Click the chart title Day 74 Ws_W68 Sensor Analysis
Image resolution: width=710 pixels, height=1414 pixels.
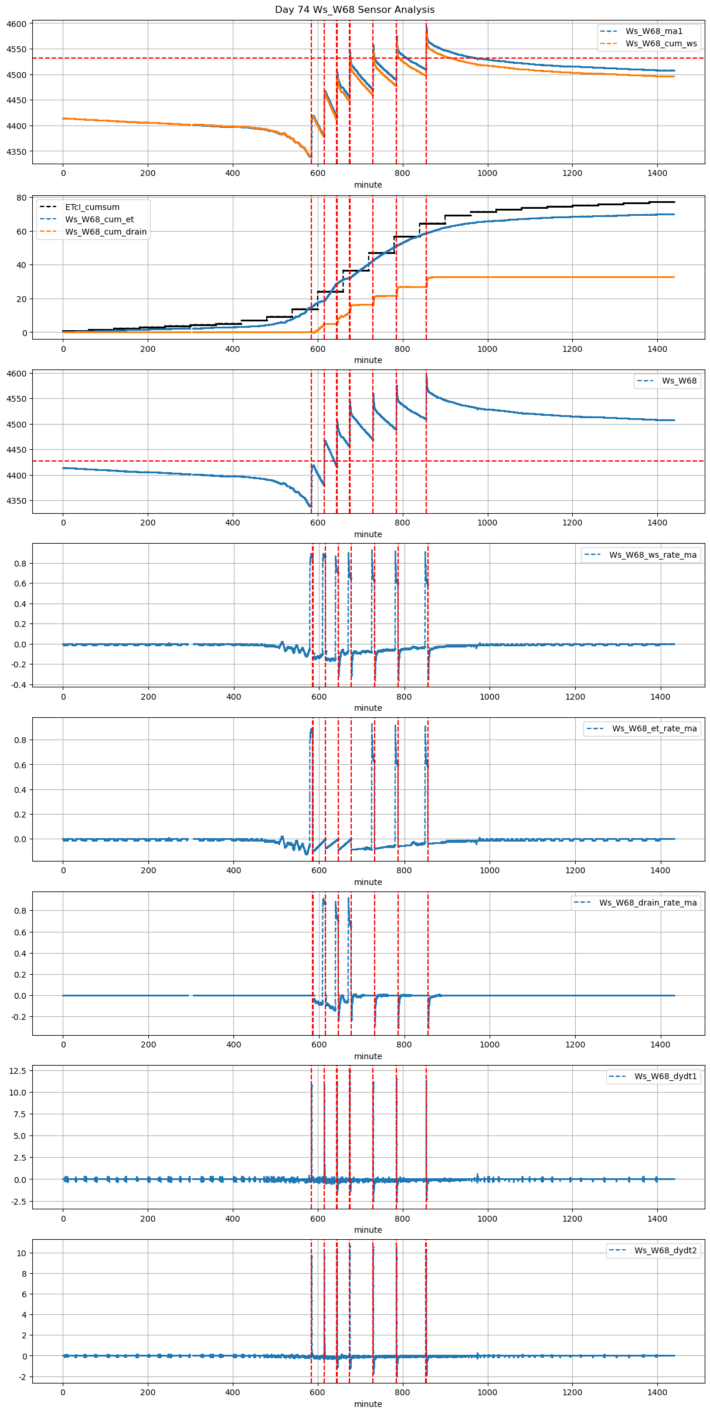(x=355, y=9)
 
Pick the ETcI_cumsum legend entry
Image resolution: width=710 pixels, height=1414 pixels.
(x=92, y=207)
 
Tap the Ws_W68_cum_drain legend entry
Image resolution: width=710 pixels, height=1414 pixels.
(x=106, y=232)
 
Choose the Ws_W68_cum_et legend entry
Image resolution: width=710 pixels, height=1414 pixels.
(x=99, y=219)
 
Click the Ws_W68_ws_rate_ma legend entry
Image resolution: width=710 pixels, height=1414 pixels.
(x=653, y=555)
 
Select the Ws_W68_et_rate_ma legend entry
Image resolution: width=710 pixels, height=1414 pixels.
(x=654, y=728)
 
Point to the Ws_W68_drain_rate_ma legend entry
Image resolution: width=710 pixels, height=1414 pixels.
(x=648, y=903)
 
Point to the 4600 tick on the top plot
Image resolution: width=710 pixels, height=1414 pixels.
(x=16, y=24)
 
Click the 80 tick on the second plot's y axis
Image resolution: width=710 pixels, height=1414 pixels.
(x=22, y=198)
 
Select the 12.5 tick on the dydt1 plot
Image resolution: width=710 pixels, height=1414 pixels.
(x=18, y=1071)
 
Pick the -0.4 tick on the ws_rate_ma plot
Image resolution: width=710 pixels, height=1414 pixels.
(x=18, y=685)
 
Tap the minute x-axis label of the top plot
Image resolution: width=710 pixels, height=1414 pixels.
(x=368, y=185)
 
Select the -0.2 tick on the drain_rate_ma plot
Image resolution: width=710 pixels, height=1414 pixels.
(x=18, y=1017)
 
